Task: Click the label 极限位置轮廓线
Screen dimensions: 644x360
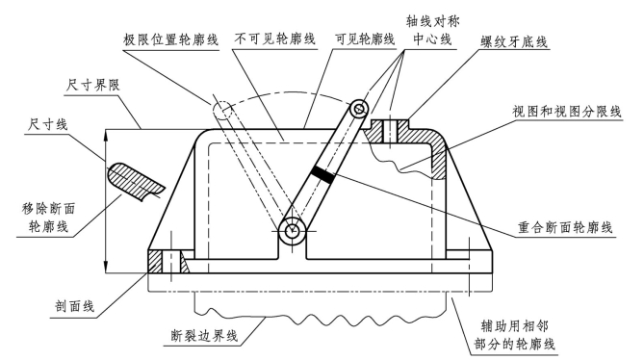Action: point(170,39)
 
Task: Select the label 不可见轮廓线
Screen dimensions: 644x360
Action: point(274,39)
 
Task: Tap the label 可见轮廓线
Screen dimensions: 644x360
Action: point(365,39)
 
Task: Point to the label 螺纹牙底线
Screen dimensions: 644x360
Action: point(514,41)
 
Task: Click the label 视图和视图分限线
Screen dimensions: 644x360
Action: point(567,112)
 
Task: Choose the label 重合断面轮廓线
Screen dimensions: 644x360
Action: point(565,227)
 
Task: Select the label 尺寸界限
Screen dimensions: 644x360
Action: point(92,85)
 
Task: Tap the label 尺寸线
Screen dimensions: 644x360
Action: point(47,124)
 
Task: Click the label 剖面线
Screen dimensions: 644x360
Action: point(75,306)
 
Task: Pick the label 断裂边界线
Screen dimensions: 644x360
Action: point(204,335)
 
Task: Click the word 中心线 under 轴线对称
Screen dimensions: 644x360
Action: point(432,39)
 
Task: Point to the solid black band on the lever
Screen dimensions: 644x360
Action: point(322,174)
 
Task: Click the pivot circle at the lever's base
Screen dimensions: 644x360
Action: point(292,231)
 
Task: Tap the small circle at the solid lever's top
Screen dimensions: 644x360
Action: point(359,109)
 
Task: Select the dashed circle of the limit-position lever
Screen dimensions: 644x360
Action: point(222,109)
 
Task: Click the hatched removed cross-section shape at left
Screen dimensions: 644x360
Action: point(136,181)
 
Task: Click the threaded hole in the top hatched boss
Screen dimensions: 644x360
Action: point(389,131)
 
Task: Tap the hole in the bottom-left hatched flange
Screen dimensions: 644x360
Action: point(170,262)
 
